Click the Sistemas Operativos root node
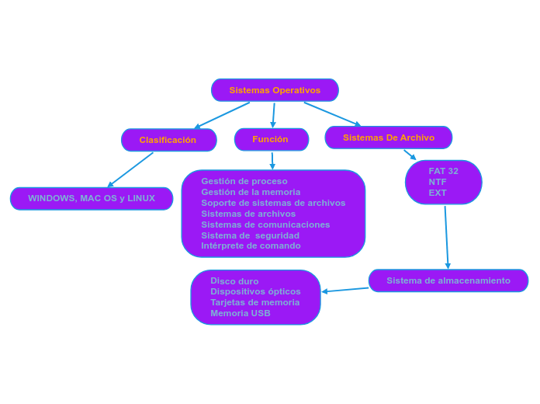coord(275,90)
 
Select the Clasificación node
coord(168,140)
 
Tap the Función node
coord(270,139)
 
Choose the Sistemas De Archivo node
coord(388,138)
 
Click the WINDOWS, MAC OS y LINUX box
coord(92,198)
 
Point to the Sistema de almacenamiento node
coord(448,280)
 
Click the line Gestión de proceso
coord(244,181)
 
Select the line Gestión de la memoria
coord(251,192)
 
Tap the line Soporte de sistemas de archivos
coord(273,203)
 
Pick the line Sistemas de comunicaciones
coord(265,225)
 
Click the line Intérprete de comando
coord(251,246)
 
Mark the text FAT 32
coord(443,171)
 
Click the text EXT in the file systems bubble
coord(438,193)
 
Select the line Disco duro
coord(234,281)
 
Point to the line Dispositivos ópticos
coord(255,291)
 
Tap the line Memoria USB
coord(241,313)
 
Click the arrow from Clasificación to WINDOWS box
coord(130,169)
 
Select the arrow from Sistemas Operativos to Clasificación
coord(222,115)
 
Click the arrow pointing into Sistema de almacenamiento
coord(446,237)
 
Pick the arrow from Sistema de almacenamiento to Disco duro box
coord(345,290)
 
